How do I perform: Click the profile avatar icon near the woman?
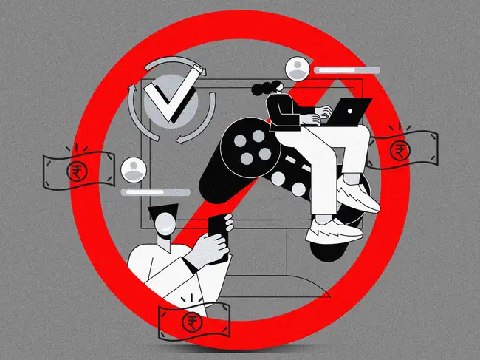pyautogui.click(x=298, y=69)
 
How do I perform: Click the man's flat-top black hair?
pyautogui.click(x=165, y=211)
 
